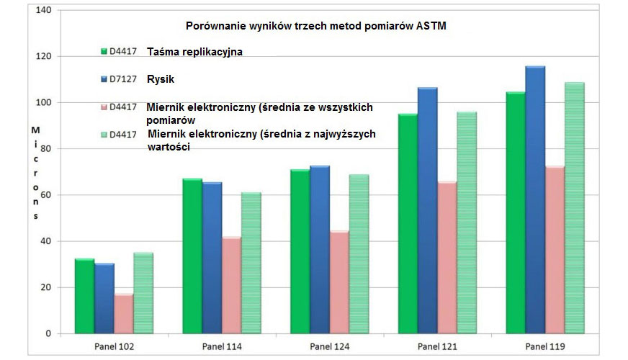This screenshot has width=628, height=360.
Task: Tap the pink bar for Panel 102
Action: point(124,314)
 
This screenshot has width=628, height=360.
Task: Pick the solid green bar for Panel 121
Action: point(407,223)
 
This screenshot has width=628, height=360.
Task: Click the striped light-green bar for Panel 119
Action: point(574,208)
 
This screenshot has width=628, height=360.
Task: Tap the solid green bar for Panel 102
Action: point(84,296)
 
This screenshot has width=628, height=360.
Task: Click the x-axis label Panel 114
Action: point(223,346)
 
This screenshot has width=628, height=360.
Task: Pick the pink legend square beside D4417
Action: point(104,107)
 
